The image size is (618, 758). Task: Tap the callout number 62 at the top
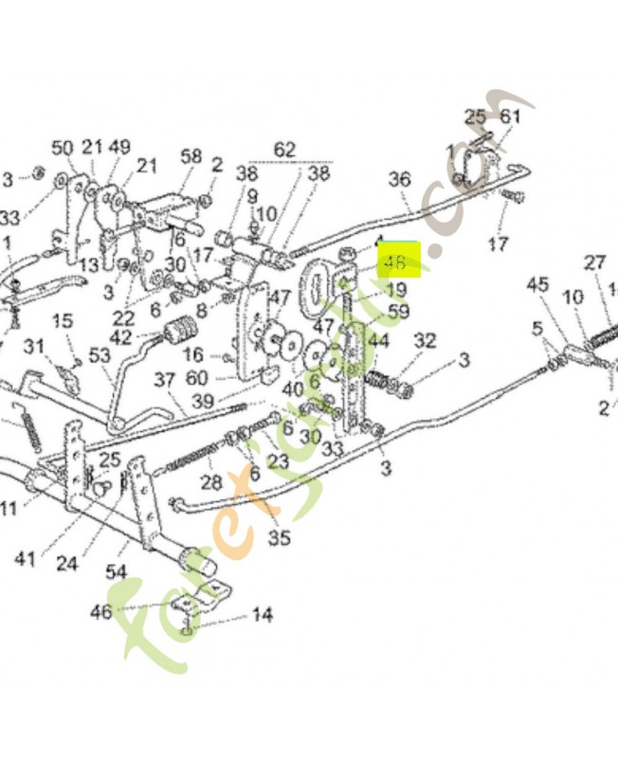pyautogui.click(x=284, y=150)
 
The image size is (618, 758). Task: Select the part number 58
pyautogui.click(x=191, y=156)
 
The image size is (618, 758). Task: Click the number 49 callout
pyautogui.click(x=119, y=147)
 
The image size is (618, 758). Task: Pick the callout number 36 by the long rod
pyautogui.click(x=400, y=179)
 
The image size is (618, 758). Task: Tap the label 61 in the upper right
pyautogui.click(x=511, y=117)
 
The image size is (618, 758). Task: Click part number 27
pyautogui.click(x=594, y=262)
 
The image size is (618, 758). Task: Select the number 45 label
pyautogui.click(x=537, y=284)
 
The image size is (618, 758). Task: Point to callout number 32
pyautogui.click(x=425, y=340)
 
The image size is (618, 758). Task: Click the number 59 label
pyautogui.click(x=398, y=310)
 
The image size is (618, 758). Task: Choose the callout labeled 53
pyautogui.click(x=99, y=355)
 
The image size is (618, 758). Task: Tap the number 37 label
pyautogui.click(x=165, y=379)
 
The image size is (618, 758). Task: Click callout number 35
pyautogui.click(x=279, y=539)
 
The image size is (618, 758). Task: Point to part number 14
pyautogui.click(x=263, y=616)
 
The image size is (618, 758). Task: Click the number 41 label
pyautogui.click(x=25, y=558)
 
